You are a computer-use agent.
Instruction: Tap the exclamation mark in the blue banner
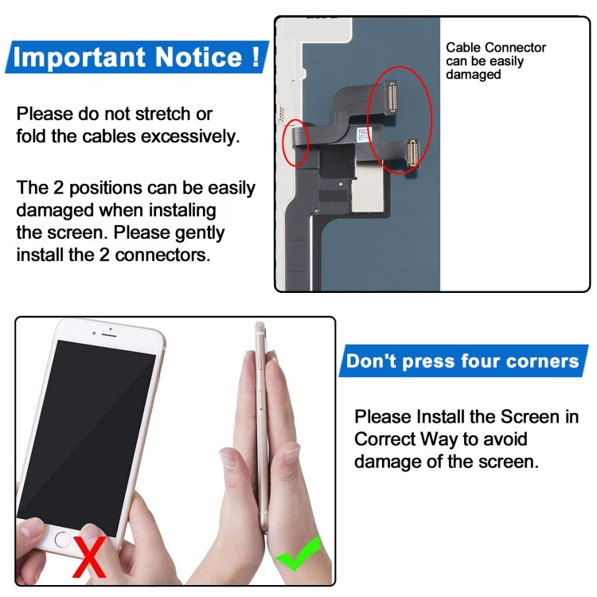point(255,57)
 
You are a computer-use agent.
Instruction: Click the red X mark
point(89,556)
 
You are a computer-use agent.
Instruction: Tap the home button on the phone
point(64,539)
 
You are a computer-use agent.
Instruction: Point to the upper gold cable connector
point(392,97)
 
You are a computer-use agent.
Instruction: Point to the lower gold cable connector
point(412,152)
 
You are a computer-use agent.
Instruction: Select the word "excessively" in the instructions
point(190,136)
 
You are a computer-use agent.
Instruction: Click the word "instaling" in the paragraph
point(179,211)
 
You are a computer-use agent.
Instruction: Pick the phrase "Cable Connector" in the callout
point(495,48)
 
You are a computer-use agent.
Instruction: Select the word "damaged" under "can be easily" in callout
point(473,74)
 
